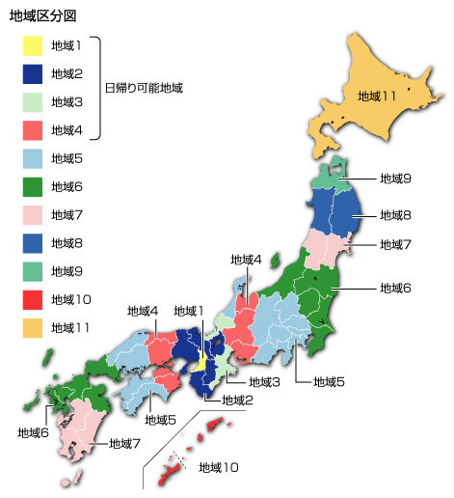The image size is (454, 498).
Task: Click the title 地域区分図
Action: pyautogui.click(x=41, y=16)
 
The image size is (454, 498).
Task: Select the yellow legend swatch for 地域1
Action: pyautogui.click(x=33, y=45)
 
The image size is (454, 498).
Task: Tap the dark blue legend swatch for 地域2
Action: pyautogui.click(x=33, y=73)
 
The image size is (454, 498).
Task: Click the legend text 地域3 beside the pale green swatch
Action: pyautogui.click(x=67, y=101)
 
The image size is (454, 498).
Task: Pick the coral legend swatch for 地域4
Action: pyautogui.click(x=33, y=130)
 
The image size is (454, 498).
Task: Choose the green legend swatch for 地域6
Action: pyautogui.click(x=33, y=186)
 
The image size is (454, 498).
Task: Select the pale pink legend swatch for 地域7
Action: pyautogui.click(x=33, y=214)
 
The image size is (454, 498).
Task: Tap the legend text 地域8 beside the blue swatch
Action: pyautogui.click(x=67, y=243)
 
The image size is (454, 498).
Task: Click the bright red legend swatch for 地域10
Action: pyautogui.click(x=33, y=299)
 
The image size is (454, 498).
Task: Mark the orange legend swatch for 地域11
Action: pyautogui.click(x=33, y=328)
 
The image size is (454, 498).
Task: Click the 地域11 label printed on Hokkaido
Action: pyautogui.click(x=377, y=97)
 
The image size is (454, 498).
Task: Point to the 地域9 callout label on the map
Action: pyautogui.click(x=395, y=179)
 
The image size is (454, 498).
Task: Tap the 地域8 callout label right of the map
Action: pyautogui.click(x=395, y=214)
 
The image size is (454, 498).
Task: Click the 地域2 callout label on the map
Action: pyautogui.click(x=237, y=400)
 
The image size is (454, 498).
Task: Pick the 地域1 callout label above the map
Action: pyautogui.click(x=189, y=311)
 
